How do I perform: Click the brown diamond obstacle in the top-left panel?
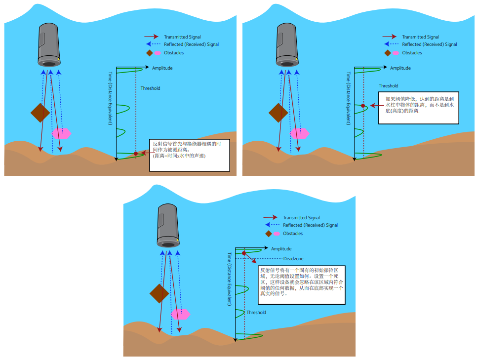(40, 113)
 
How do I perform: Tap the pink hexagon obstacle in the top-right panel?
(299, 133)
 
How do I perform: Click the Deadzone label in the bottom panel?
(293, 259)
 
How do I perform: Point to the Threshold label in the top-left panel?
(150, 88)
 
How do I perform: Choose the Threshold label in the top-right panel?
(388, 86)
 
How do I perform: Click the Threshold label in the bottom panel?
(256, 313)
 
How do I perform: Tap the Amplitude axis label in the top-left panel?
(162, 68)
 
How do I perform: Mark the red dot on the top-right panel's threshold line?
(363, 106)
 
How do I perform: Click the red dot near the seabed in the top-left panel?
(136, 154)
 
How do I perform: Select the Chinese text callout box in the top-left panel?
(190, 155)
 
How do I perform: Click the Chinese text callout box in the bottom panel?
(302, 285)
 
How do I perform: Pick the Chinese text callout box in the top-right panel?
(418, 108)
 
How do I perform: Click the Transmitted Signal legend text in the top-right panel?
(420, 37)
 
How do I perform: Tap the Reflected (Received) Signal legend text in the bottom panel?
(310, 225)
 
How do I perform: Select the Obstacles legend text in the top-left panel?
(174, 53)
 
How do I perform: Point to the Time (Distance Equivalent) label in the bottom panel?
(230, 279)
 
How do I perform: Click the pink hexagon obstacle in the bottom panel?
(180, 314)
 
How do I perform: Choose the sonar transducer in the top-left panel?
(49, 45)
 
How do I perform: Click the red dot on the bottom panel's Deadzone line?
(244, 253)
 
